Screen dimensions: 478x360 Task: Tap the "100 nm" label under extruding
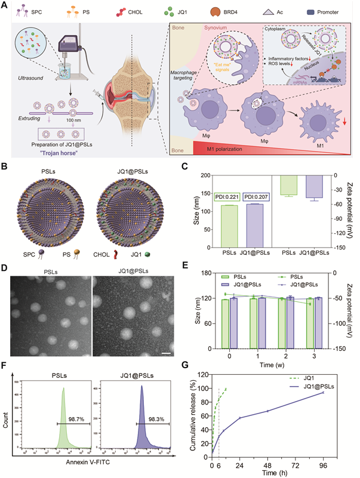(x=62, y=135)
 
